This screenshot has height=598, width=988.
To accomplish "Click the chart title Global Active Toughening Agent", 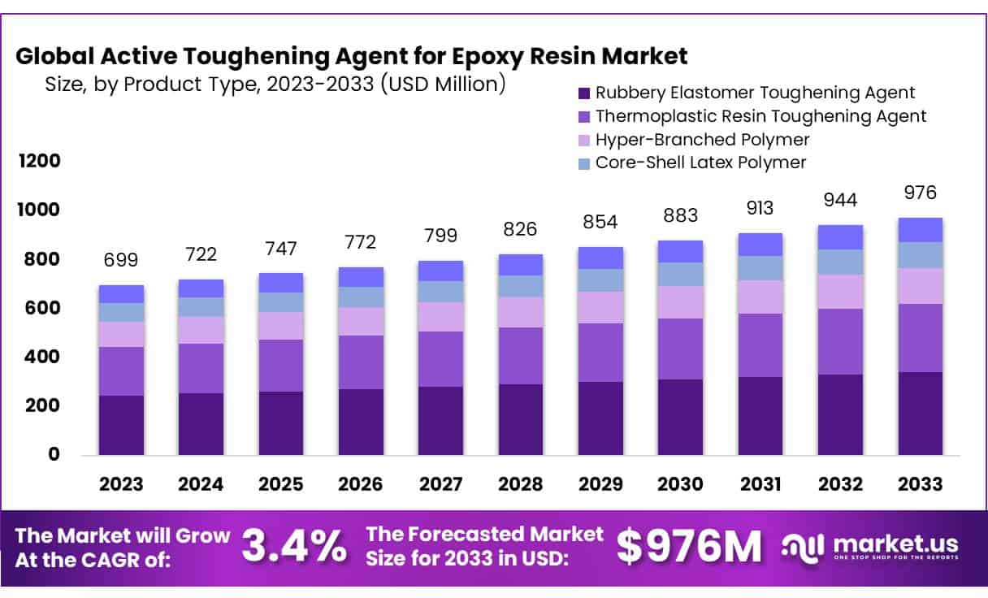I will click(351, 56).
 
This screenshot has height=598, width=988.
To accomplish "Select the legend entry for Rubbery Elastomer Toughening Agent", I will click(755, 93).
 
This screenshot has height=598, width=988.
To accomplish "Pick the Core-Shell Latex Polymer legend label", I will click(700, 162).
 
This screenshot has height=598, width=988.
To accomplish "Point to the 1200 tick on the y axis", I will click(39, 161).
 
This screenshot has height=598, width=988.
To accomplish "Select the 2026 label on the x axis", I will click(361, 484).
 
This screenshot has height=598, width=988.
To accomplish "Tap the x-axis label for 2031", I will click(760, 484).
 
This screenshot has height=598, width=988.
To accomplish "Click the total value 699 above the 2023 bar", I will click(121, 260).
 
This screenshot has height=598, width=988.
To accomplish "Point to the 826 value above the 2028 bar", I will click(520, 229).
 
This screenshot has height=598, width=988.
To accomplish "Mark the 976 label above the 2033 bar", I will click(920, 193).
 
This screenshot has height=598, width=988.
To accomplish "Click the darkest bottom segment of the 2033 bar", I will click(920, 414).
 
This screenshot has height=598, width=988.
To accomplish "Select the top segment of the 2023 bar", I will click(121, 294).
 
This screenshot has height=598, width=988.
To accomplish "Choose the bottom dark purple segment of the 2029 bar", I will click(600, 418).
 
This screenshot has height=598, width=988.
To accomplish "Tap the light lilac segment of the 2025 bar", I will click(281, 326).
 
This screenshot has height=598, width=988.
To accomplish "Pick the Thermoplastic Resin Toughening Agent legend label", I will click(760, 116).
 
